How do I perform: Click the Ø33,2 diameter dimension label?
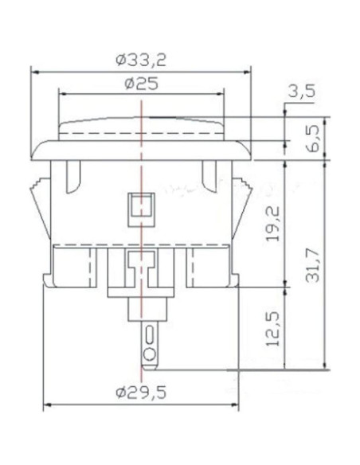click(143, 58)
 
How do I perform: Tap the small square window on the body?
click(141, 207)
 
